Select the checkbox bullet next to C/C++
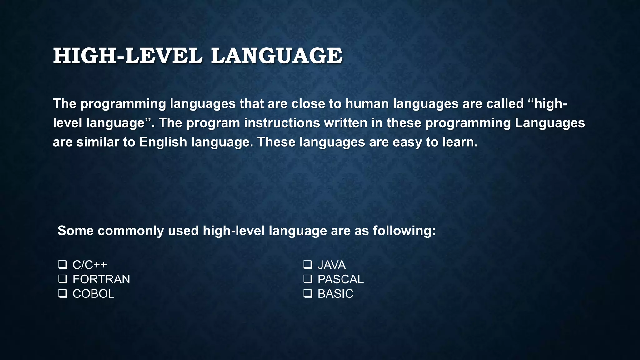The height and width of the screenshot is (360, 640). [x=63, y=265]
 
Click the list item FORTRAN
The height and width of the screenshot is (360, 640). [x=101, y=279]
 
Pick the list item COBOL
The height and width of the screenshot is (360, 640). [x=93, y=294]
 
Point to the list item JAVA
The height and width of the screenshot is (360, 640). [x=332, y=265]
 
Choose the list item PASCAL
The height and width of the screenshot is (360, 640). [x=341, y=279]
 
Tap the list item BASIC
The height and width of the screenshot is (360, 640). [x=335, y=294]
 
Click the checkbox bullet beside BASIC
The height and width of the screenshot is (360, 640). [x=308, y=293]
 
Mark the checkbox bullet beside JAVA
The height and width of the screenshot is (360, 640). [x=308, y=265]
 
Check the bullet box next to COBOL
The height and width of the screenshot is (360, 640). [x=63, y=293]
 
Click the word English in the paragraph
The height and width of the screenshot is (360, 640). [x=163, y=142]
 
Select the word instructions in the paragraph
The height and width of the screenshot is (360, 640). [x=282, y=123]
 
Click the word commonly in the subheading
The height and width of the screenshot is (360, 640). [x=131, y=231]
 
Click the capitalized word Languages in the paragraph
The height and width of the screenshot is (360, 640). [x=550, y=123]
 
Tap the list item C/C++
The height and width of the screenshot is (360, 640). [x=90, y=265]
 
